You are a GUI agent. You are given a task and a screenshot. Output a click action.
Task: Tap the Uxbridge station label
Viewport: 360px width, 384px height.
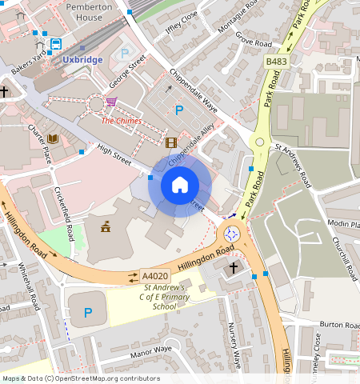click(x=83, y=60)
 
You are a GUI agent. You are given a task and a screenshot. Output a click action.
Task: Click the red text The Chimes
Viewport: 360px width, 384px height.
click(x=121, y=121)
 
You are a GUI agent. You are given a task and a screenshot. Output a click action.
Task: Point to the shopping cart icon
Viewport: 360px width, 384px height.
click(x=111, y=102)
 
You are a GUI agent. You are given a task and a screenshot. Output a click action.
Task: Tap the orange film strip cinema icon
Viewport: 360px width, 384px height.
click(x=170, y=142)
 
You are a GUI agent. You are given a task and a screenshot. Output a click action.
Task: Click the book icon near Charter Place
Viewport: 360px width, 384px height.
click(x=53, y=139)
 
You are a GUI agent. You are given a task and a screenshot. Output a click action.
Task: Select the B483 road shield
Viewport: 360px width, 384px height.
click(x=277, y=61)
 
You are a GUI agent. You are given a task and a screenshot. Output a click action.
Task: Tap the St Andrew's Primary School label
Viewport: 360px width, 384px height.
click(x=164, y=297)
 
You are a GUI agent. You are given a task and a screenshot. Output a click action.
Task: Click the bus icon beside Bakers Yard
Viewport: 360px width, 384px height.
click(x=56, y=44)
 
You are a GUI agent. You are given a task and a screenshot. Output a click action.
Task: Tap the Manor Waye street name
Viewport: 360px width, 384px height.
click(x=152, y=350)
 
